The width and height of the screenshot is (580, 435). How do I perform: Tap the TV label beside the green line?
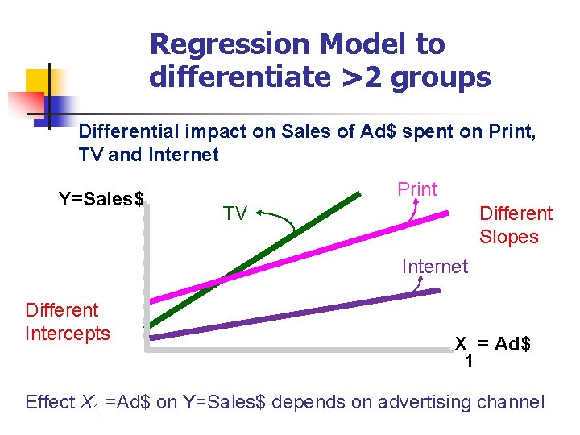[235, 213]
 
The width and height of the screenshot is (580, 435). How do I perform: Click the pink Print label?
[417, 189]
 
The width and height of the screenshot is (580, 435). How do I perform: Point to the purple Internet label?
[434, 267]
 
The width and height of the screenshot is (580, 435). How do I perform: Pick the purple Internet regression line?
[306, 315]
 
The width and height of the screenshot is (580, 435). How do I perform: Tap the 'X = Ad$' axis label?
[492, 344]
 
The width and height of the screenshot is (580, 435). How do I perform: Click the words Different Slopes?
[516, 226]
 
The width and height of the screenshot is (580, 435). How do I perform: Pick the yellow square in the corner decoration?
[39, 81]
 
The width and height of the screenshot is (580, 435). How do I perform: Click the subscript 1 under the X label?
[468, 361]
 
